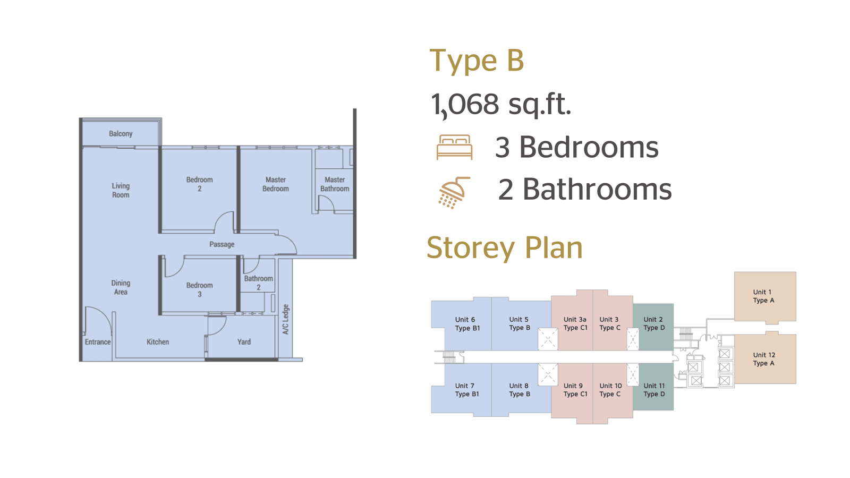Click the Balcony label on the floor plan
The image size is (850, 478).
(121, 133)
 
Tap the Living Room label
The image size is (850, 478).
(121, 191)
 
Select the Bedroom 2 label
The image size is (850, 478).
(200, 184)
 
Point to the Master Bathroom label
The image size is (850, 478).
(335, 184)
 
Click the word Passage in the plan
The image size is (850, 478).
(222, 244)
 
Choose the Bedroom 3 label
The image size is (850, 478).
(200, 289)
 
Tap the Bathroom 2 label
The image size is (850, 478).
(258, 283)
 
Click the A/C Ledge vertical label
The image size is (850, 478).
(286, 319)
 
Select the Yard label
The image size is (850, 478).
(244, 342)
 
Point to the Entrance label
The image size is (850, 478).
(98, 342)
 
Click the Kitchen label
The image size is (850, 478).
(158, 342)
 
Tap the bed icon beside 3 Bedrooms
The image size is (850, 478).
(454, 147)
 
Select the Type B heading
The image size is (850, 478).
(477, 61)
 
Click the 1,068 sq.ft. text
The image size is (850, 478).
(501, 104)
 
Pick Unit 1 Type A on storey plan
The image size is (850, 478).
(763, 296)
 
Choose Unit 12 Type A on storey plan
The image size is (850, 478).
(764, 359)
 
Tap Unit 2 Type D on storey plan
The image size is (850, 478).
(654, 323)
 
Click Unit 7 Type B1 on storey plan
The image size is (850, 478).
(467, 390)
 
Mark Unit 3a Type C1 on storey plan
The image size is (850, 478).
(575, 323)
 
